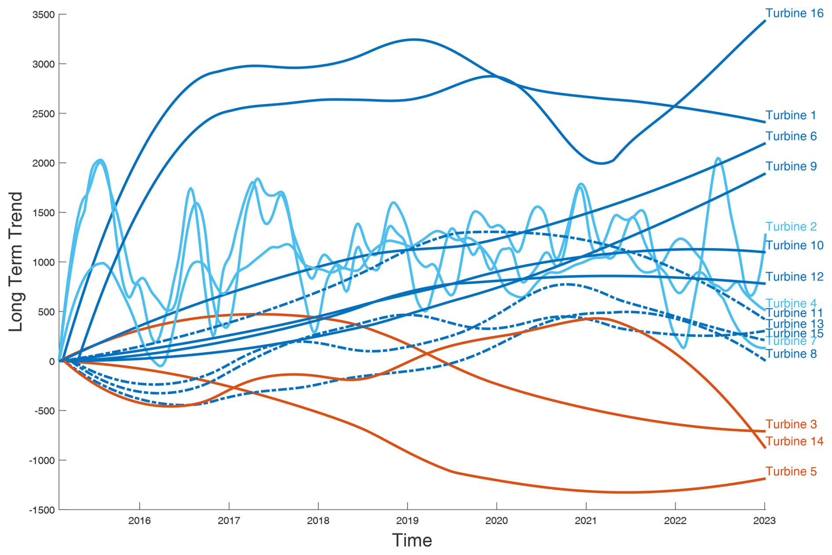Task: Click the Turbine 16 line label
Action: point(794,13)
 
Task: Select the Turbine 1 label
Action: point(791,115)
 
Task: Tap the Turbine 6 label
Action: point(791,136)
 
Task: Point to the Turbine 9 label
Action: point(791,166)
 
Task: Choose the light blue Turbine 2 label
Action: point(791,227)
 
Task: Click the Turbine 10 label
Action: point(794,246)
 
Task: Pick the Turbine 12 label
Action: point(794,277)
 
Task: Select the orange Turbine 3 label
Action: point(791,424)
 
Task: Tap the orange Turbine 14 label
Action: point(794,441)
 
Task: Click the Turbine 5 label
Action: point(791,472)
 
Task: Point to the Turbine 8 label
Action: point(791,354)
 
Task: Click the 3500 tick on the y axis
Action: point(44,15)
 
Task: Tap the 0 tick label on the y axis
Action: point(52,362)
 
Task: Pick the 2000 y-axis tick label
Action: point(44,163)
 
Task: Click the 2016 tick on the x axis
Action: point(139,521)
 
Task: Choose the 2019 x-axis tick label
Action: point(407,521)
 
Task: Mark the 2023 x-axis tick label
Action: point(764,521)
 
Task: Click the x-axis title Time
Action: point(412,540)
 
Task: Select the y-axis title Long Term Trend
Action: point(16,262)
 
